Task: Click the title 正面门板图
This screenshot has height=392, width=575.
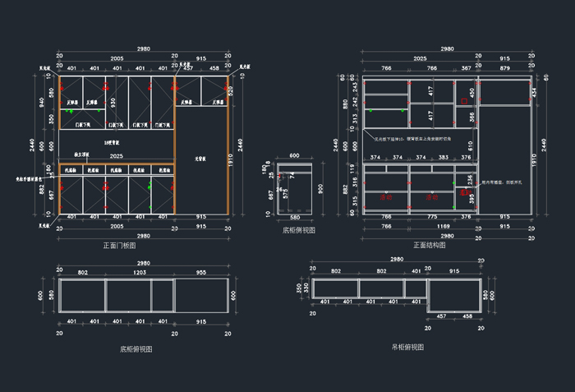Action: click(x=120, y=246)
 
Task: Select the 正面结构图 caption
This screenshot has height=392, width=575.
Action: click(x=430, y=245)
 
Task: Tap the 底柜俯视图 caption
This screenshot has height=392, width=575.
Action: click(x=136, y=349)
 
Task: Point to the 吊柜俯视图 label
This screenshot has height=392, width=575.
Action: click(x=408, y=348)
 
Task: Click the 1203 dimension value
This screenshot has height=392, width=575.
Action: click(x=140, y=271)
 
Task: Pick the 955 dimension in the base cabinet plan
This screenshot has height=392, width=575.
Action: click(x=200, y=271)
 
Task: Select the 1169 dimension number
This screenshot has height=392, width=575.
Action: click(x=444, y=226)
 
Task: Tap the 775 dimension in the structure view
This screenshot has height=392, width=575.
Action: click(x=432, y=217)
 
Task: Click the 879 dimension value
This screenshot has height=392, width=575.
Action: click(x=504, y=68)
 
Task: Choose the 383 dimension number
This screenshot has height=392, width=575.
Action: click(x=444, y=157)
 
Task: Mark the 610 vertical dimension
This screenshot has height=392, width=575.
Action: click(x=471, y=145)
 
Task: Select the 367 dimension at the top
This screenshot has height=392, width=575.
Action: click(x=467, y=68)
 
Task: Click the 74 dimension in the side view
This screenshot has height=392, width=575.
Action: click(x=292, y=175)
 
